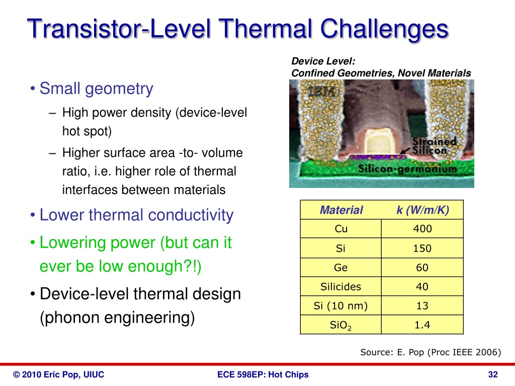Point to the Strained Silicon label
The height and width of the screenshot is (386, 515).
coord(434,146)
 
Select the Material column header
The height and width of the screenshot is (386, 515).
coord(341,210)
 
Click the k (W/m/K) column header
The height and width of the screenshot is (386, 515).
coord(422,210)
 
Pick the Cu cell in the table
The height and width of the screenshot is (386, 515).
coord(341,229)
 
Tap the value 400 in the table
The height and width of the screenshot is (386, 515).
coord(422,229)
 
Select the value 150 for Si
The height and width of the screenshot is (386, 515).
coord(422,248)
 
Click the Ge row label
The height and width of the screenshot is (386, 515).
coord(341,267)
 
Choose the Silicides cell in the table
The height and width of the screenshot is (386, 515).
coord(341,286)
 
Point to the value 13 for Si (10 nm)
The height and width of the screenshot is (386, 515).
coord(422,306)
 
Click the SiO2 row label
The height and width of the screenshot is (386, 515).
coord(341,325)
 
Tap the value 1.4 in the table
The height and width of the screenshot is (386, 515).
coord(422,325)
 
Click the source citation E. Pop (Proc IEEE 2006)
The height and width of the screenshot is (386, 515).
coord(431,352)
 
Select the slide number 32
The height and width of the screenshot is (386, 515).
coord(493,374)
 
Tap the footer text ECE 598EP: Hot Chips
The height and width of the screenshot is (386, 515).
coord(263,374)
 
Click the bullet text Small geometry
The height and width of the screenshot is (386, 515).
coord(96,89)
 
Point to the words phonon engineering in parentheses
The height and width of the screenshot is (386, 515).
coord(117,318)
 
